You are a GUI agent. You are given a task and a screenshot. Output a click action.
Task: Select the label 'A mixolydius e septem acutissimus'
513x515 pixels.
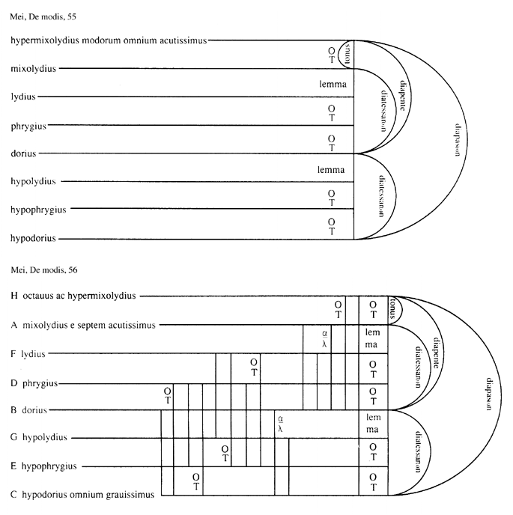coord(83,325)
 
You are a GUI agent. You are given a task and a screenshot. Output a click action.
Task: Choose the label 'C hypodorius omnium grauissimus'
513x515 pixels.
coord(82,494)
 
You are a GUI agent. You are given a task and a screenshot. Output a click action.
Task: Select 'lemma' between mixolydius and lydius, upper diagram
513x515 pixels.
coord(331,85)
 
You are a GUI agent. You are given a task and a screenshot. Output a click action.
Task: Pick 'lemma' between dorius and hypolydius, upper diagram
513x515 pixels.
coord(331,170)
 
